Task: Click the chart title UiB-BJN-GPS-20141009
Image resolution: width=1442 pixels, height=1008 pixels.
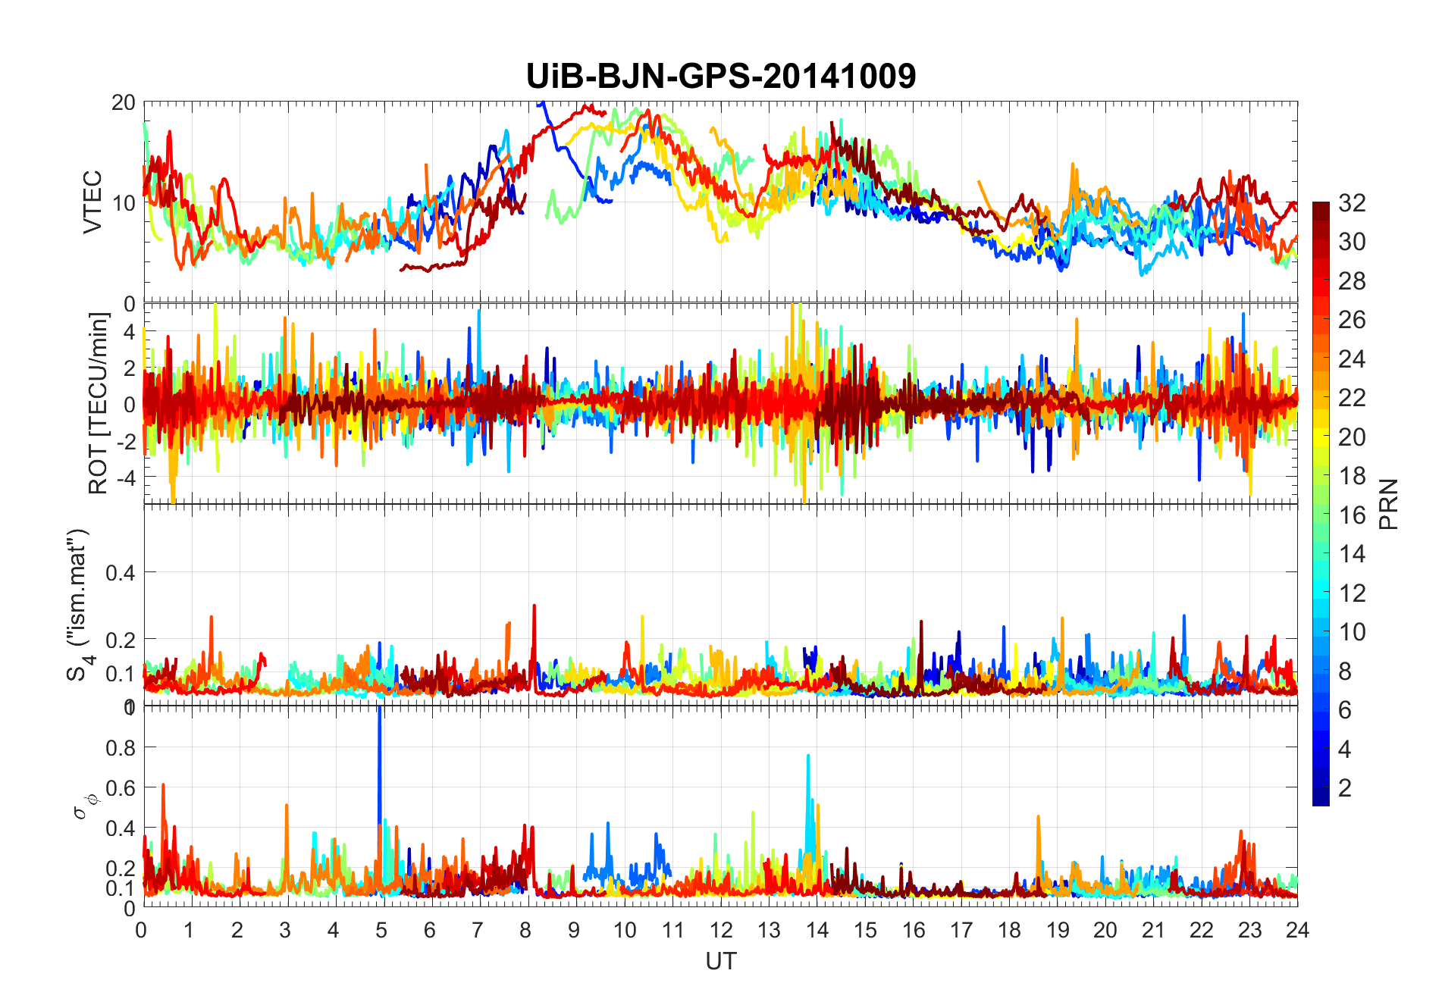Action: click(720, 77)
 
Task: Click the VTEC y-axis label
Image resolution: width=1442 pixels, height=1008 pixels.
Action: click(92, 202)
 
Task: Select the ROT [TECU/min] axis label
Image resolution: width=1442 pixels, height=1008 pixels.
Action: click(99, 403)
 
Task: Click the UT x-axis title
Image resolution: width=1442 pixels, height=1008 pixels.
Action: click(720, 962)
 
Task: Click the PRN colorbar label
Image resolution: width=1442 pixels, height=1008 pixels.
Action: click(1388, 505)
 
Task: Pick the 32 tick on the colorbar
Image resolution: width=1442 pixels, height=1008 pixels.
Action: click(1352, 203)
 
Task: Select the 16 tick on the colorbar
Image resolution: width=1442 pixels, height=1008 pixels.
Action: click(1352, 515)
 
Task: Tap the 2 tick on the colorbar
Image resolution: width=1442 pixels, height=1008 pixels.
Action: click(1345, 788)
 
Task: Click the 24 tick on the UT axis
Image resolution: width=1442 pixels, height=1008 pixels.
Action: click(1297, 930)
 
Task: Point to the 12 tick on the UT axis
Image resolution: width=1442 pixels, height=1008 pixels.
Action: click(720, 930)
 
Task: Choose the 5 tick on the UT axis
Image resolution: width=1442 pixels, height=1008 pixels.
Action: click(381, 930)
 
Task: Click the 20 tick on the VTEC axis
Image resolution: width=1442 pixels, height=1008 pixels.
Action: click(123, 103)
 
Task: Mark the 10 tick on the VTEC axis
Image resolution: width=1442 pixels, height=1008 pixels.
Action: click(123, 203)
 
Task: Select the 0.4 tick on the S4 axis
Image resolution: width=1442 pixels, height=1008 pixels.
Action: click(120, 573)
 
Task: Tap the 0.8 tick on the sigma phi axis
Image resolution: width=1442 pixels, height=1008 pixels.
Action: click(120, 748)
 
